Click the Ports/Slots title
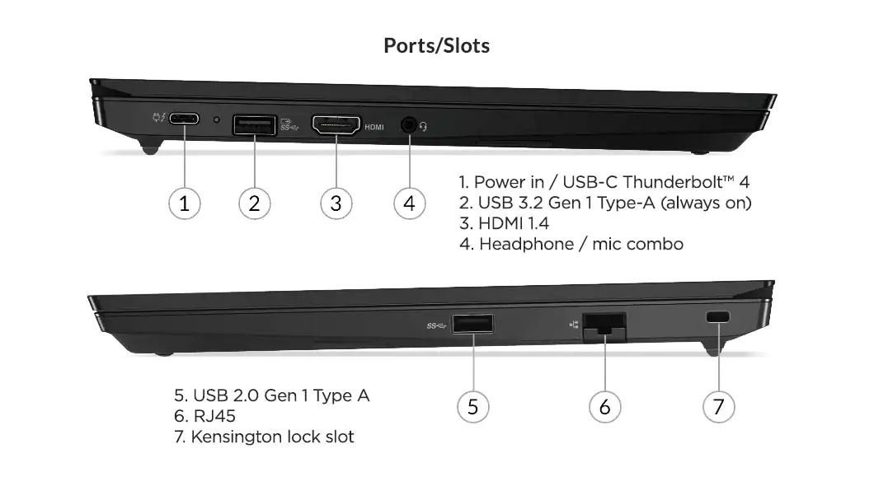point(436,45)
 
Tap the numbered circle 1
point(185,203)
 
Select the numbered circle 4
point(410,203)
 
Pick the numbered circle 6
point(604,406)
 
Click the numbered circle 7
point(718,406)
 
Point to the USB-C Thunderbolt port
point(185,119)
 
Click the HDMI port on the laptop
point(336,125)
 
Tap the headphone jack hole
point(408,125)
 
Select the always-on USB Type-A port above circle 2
point(254,124)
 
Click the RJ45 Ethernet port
point(604,325)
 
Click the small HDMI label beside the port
point(374,127)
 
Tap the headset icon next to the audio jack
point(425,126)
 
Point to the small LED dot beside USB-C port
point(217,120)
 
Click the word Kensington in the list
point(237,437)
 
